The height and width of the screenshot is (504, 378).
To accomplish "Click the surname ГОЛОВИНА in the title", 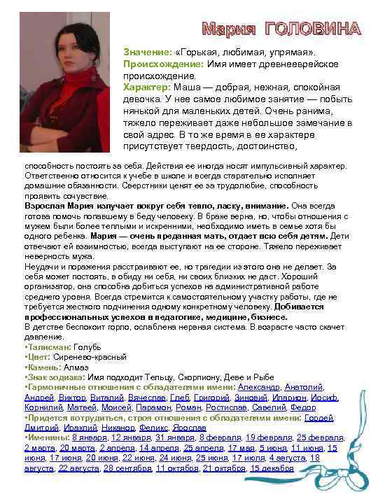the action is (x=312, y=30).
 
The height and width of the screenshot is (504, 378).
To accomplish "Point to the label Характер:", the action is (x=146, y=87).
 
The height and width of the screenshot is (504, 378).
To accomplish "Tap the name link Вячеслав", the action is (x=147, y=398).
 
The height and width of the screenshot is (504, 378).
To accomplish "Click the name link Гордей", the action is (x=320, y=418).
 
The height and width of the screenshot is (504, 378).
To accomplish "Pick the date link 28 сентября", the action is (x=127, y=468).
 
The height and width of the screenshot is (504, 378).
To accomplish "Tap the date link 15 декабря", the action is (x=272, y=468).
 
